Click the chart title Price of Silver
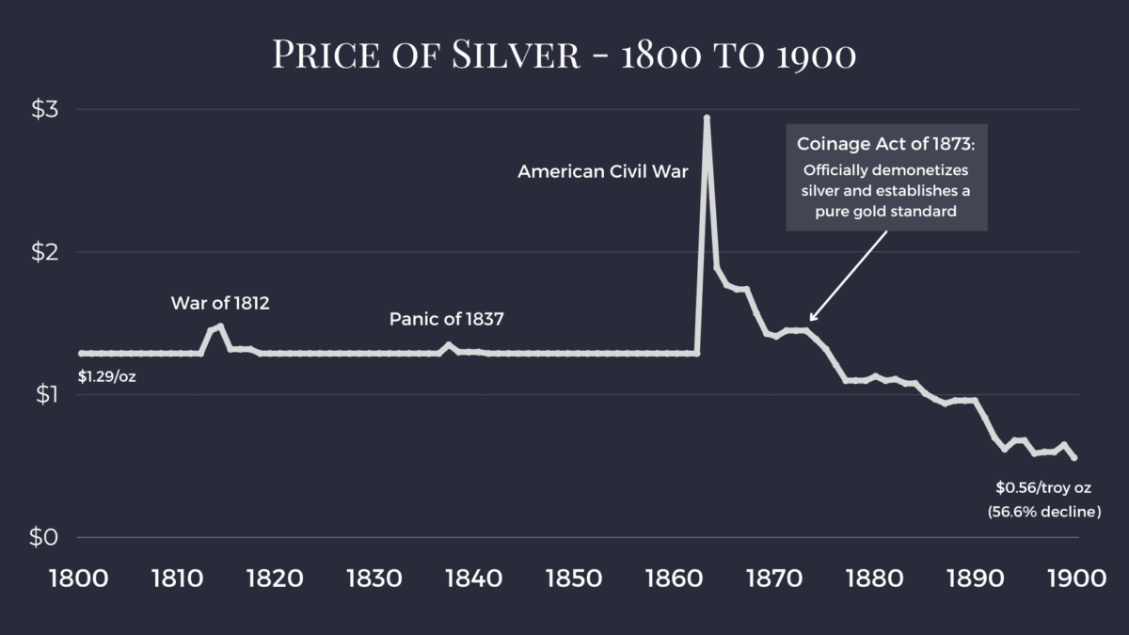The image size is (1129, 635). pos(564,54)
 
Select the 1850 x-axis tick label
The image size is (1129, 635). pos(574,577)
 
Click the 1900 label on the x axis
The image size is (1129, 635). pos(1073,577)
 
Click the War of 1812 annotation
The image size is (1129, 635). pos(220,303)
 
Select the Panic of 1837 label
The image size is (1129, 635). pos(447,319)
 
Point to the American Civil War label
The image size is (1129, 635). pos(603,172)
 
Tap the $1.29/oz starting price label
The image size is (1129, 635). pos(106,378)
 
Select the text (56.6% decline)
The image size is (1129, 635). pos(1043,512)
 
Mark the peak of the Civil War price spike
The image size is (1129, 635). pos(707,118)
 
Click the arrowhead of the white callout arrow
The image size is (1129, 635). pos(812,319)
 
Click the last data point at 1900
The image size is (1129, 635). pos(1074,457)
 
